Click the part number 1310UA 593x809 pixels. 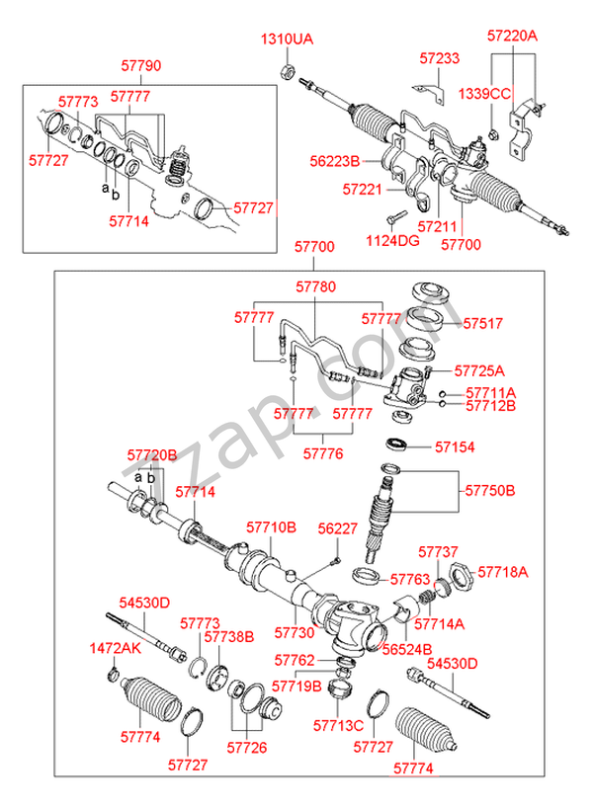pos(286,40)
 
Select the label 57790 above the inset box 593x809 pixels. pos(142,67)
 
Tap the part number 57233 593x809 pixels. pos(438,59)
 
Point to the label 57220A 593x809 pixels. pos(512,35)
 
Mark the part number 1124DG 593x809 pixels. pos(392,239)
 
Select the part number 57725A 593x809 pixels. pos(479,371)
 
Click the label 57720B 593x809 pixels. pos(151,454)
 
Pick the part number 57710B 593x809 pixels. pos(271,527)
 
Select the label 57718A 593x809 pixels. pos(503,571)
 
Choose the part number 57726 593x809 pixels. pos(246,748)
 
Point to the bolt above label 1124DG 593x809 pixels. pos(394,216)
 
